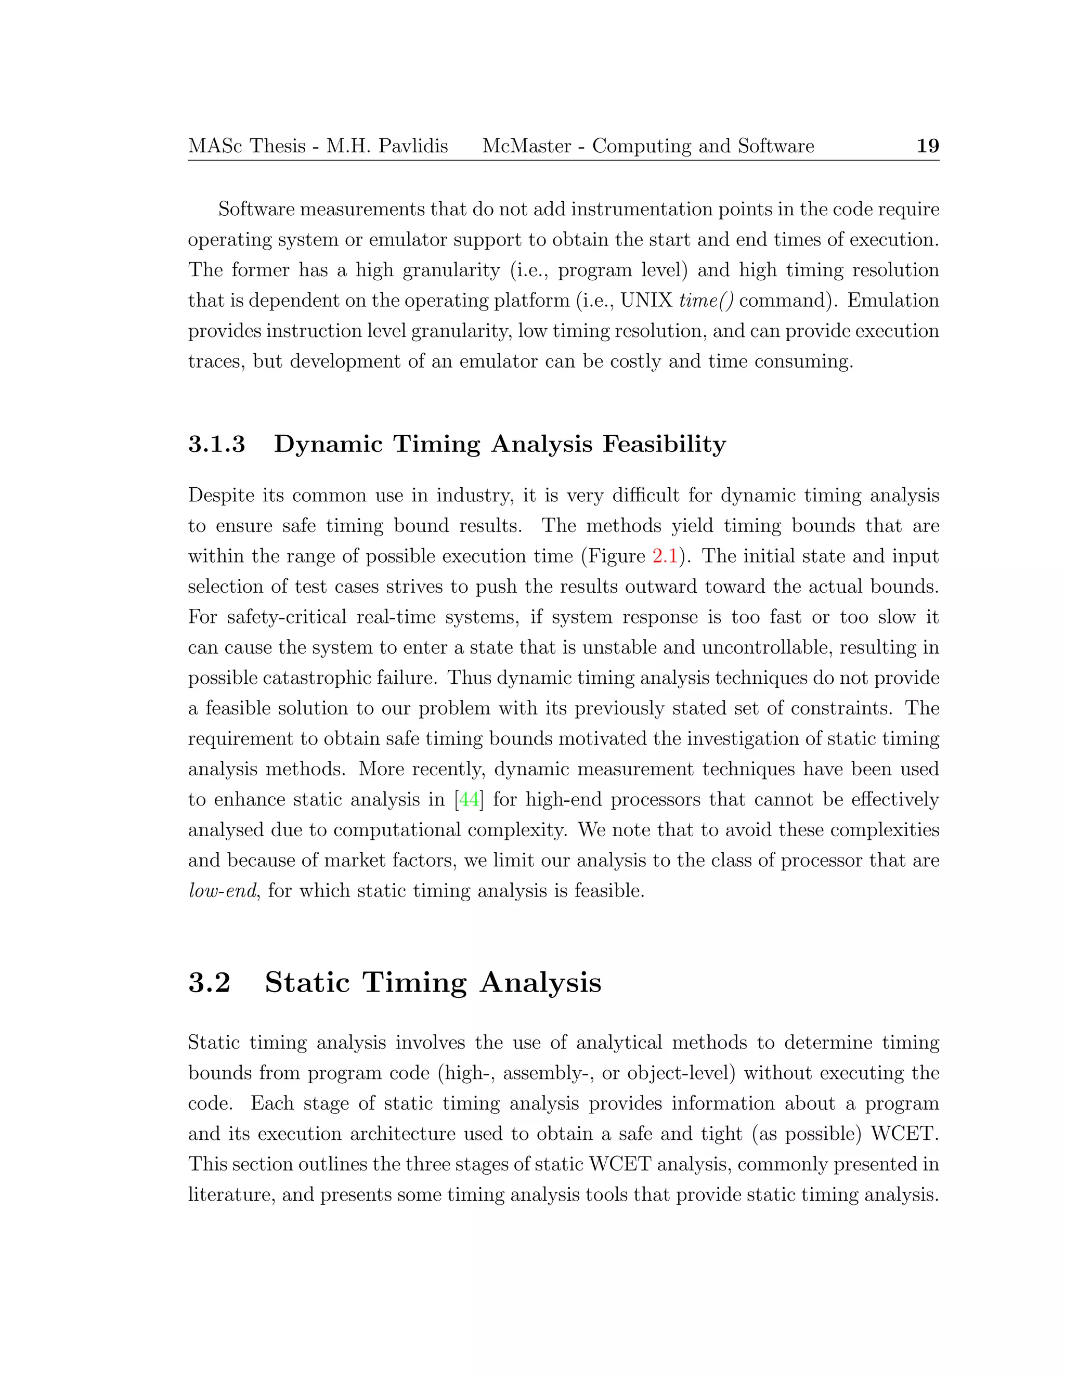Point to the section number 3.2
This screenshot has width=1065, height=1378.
click(210, 982)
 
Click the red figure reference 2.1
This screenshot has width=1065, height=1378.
click(665, 556)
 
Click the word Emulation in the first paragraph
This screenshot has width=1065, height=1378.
click(893, 301)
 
